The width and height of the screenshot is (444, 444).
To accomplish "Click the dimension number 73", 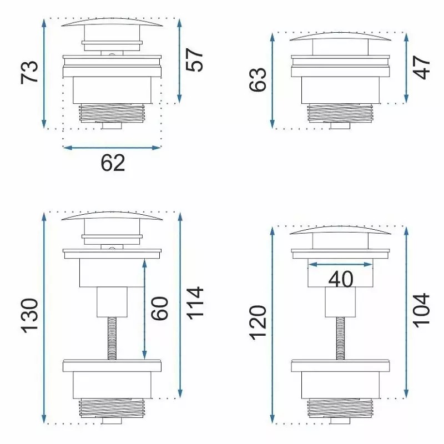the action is coord(29,72).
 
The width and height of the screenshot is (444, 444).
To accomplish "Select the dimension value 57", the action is coord(195,60).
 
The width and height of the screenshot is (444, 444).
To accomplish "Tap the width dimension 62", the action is coord(113,163).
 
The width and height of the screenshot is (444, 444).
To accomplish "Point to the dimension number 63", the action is coord(258,79).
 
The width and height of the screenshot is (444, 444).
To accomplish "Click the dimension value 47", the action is coord(422,67).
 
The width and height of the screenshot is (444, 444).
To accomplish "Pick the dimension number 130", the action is coord(29,315).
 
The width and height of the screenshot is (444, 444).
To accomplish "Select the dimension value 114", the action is coord(195,303).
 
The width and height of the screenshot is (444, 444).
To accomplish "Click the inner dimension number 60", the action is coord(159,309).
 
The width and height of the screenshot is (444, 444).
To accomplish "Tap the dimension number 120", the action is coord(258,323).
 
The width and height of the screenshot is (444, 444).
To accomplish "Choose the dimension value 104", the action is coord(422,311).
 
